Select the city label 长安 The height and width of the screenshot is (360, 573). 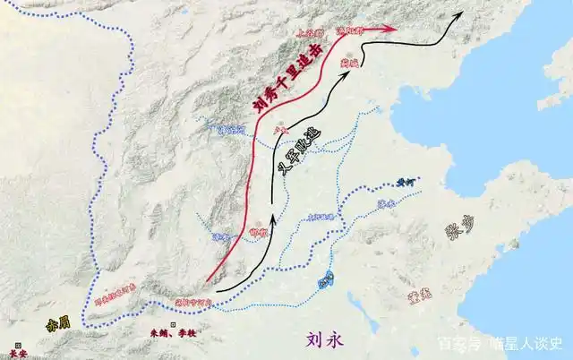[x=19, y=353]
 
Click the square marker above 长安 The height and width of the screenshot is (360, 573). [x=18, y=342]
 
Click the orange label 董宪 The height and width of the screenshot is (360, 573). [x=419, y=292]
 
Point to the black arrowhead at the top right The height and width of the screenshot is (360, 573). [x=460, y=14]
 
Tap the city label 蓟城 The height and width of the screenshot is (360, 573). [x=349, y=64]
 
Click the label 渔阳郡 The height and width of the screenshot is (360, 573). [x=350, y=30]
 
